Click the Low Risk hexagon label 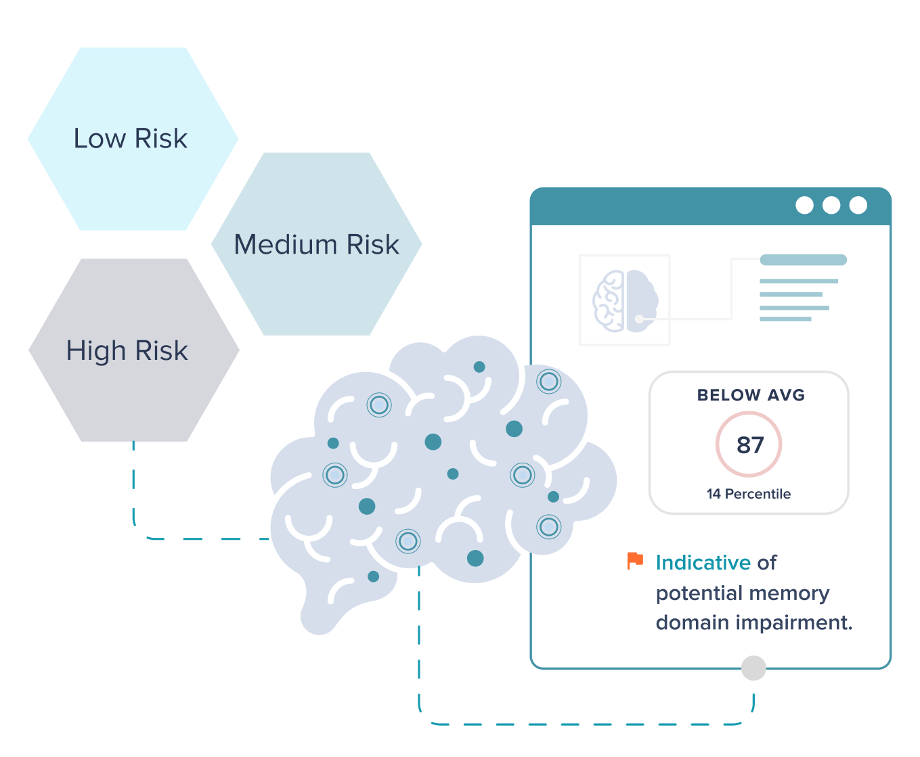pyautogui.click(x=131, y=139)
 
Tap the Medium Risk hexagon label pyautogui.click(x=316, y=244)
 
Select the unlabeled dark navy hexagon pyautogui.click(x=133, y=350)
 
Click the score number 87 pyautogui.click(x=749, y=445)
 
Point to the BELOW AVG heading pyautogui.click(x=751, y=396)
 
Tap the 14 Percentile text pyautogui.click(x=748, y=494)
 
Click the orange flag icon pyautogui.click(x=635, y=561)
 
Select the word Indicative pyautogui.click(x=703, y=563)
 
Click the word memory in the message pyautogui.click(x=790, y=593)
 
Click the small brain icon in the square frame pyautogui.click(x=625, y=300)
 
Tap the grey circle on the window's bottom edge pyautogui.click(x=753, y=668)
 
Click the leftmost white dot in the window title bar pyautogui.click(x=804, y=205)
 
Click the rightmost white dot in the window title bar pyautogui.click(x=858, y=205)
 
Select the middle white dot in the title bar pyautogui.click(x=831, y=205)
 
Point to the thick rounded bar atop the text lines pyautogui.click(x=803, y=260)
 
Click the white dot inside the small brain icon pyautogui.click(x=639, y=319)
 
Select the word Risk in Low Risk pyautogui.click(x=160, y=139)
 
